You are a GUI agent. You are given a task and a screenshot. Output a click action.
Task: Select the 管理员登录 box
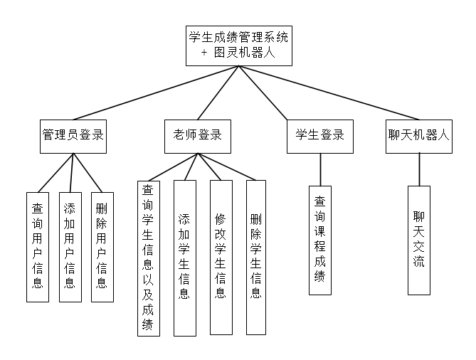(73, 135)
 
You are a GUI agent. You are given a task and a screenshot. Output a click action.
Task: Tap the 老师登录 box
(198, 135)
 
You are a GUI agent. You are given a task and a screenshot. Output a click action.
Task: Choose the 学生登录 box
(319, 135)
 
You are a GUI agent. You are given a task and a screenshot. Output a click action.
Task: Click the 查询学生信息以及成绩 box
(148, 258)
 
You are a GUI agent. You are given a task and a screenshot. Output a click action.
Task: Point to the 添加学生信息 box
(184, 258)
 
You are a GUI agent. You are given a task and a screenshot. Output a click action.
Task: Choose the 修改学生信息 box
(221, 257)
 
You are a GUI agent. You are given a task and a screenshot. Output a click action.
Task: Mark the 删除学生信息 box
(256, 257)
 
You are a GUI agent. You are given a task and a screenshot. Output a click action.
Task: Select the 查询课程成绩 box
(320, 240)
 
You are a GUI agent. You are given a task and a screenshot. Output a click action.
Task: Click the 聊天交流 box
(418, 240)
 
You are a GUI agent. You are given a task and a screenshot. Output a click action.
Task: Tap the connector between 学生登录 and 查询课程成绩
(320, 169)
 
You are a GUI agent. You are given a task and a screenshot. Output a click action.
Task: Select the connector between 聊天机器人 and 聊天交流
(418, 169)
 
